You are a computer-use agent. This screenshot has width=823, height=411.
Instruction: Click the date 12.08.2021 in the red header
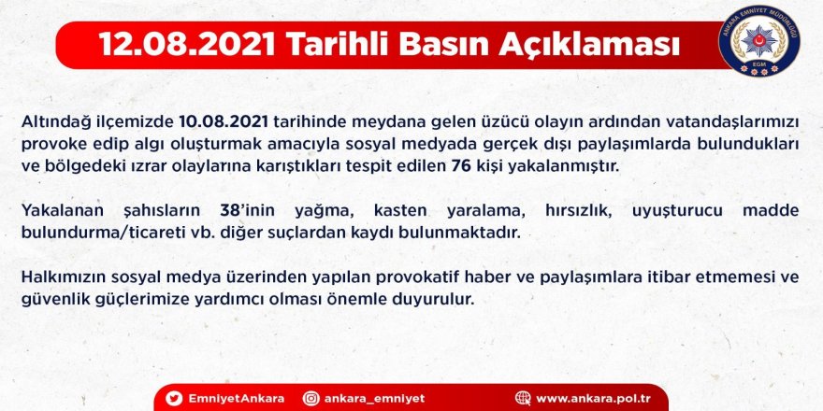(x=187, y=46)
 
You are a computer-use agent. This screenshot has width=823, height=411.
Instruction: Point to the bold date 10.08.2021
(x=224, y=122)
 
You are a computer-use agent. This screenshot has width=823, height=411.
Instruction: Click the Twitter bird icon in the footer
(x=174, y=399)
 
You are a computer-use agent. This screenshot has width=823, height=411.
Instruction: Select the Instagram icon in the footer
(x=310, y=399)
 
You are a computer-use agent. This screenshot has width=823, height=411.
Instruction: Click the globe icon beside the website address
(x=523, y=399)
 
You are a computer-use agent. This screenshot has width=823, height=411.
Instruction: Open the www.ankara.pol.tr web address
(x=594, y=399)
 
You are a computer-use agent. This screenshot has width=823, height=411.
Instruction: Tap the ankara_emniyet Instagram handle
(x=375, y=399)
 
